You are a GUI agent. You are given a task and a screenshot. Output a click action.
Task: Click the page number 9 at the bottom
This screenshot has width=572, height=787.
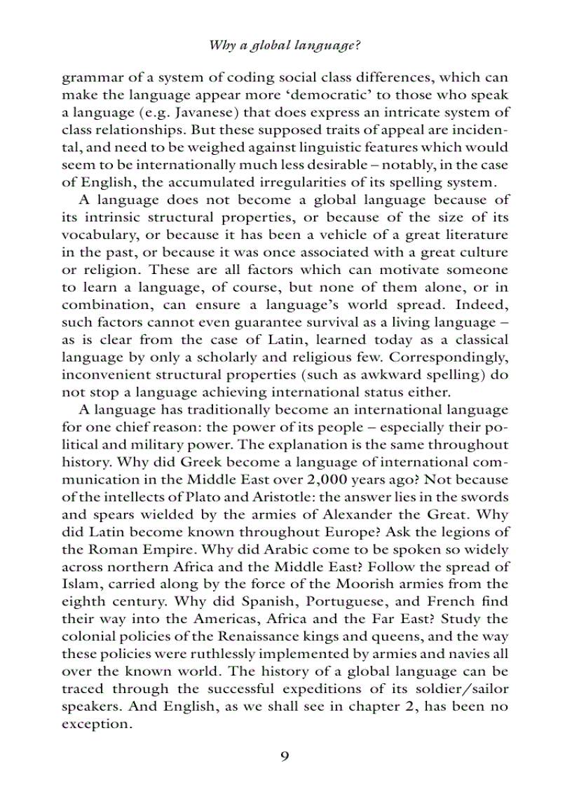(x=285, y=755)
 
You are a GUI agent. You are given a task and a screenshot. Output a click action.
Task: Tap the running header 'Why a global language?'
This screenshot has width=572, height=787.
(x=285, y=46)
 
